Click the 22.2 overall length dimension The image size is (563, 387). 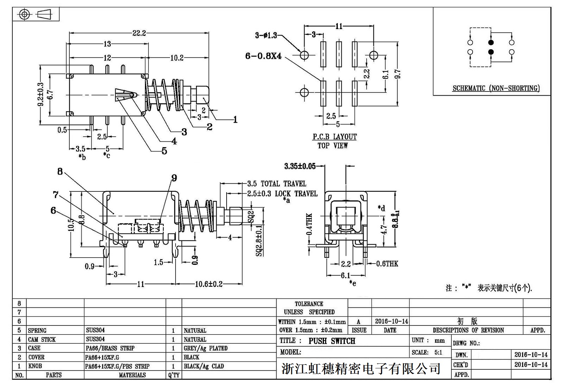[x=139, y=33]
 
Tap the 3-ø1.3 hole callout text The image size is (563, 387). [x=266, y=35]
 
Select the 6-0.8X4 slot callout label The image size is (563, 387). [x=264, y=56]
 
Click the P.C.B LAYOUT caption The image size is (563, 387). [x=335, y=137]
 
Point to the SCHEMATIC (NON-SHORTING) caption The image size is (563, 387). [x=496, y=88]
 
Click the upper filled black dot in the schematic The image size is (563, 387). [x=491, y=43]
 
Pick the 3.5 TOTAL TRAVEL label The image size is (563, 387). [x=277, y=184]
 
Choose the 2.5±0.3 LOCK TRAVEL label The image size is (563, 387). [x=282, y=193]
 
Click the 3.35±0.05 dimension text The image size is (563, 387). [x=300, y=166]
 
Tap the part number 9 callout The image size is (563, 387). [x=174, y=178]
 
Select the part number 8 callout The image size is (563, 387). [x=60, y=171]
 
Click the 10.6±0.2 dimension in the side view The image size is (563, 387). [x=209, y=284]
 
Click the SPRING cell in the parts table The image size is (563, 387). [x=37, y=330]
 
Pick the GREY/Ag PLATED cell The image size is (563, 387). [x=205, y=348]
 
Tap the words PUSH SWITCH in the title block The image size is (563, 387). [x=332, y=341]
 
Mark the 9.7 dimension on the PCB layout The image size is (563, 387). [x=398, y=74]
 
